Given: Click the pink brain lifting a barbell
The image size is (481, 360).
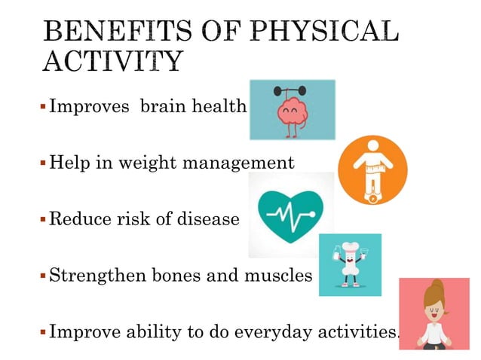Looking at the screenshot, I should pyautogui.click(x=293, y=111).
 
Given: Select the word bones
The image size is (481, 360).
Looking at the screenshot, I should pyautogui.click(x=173, y=276).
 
